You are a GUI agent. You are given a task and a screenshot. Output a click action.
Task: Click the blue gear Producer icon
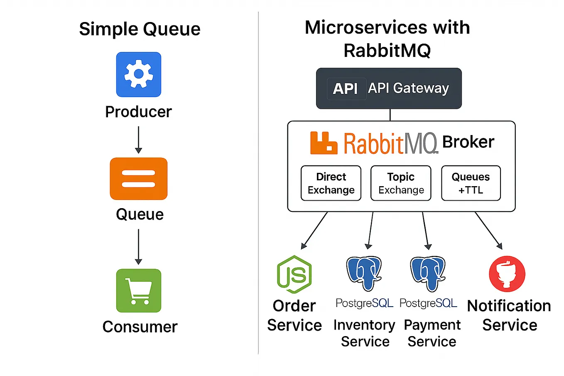pos(138,74)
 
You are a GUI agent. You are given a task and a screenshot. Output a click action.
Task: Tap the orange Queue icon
pos(138,179)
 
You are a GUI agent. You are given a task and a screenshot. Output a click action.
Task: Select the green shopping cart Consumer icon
pos(138,290)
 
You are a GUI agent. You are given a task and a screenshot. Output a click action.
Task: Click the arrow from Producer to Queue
pos(138,140)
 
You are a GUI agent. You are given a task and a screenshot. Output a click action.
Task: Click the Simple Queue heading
pos(140,29)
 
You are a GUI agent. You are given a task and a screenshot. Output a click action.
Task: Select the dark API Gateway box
pos(389,88)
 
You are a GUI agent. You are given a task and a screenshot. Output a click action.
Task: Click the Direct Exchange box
pos(331,183)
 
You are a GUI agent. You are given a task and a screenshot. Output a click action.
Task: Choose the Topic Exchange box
pos(401,183)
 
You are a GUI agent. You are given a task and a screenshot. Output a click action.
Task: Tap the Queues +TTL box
pos(471,183)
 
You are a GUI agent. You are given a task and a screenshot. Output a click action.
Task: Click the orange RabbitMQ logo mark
pos(323,143)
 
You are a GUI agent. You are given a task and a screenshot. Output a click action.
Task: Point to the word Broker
pos(468,142)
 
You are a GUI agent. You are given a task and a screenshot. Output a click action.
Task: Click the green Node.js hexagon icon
pos(294,274)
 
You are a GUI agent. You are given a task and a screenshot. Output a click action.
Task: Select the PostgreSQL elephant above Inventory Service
pos(364,273)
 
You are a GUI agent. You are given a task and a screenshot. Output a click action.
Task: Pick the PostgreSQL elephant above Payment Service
pos(428,273)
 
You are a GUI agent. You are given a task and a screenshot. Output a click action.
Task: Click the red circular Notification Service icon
pos(507,274)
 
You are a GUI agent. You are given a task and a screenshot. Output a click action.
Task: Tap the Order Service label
pos(294,315)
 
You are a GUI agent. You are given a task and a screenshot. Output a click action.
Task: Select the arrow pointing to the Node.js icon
pos(314,231)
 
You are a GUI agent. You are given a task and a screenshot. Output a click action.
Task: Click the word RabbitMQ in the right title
pos(387,51)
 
